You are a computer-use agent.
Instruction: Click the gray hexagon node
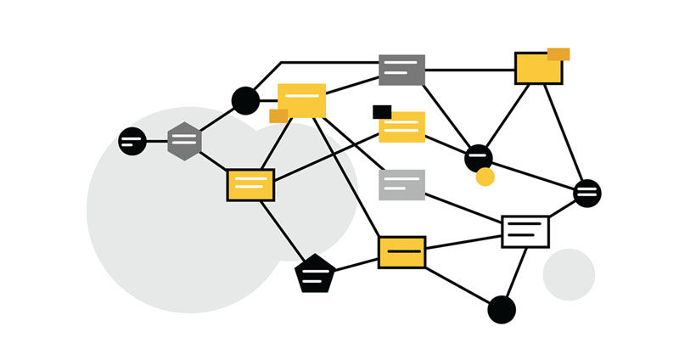click(183, 141)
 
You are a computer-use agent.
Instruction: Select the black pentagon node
click(315, 273)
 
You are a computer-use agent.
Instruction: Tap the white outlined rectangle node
click(525, 230)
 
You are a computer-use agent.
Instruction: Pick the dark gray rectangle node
click(401, 70)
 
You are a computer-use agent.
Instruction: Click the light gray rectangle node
click(401, 184)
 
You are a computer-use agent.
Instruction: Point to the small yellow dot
click(485, 177)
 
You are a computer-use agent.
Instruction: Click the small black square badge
click(382, 112)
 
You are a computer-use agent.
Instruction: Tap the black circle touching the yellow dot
click(479, 156)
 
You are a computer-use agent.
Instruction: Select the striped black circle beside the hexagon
click(132, 140)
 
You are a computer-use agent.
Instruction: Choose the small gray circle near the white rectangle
click(569, 274)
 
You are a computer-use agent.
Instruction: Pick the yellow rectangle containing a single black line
click(401, 252)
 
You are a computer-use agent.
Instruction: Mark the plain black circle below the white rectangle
click(502, 310)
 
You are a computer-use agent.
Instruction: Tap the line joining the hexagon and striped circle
click(157, 141)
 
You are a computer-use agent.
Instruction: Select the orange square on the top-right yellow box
click(558, 54)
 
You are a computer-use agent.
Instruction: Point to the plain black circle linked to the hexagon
click(245, 100)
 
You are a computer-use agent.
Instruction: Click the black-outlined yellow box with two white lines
click(250, 184)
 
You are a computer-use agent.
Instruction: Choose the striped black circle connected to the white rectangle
click(587, 193)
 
